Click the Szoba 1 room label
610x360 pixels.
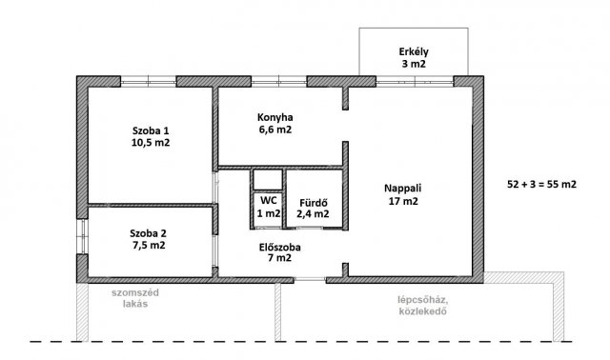(x=151, y=130)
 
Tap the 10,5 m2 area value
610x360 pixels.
(x=151, y=143)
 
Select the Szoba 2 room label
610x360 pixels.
(x=149, y=233)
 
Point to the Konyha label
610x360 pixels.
(x=275, y=117)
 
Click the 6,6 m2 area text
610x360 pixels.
(x=275, y=130)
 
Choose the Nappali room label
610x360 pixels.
(x=402, y=189)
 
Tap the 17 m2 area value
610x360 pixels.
(x=403, y=201)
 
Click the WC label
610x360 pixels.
(x=269, y=201)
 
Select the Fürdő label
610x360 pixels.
(x=314, y=203)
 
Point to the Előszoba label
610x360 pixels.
(x=279, y=247)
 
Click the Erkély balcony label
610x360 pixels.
(x=414, y=51)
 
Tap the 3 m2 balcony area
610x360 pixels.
(x=414, y=64)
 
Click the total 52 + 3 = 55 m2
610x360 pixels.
(x=542, y=184)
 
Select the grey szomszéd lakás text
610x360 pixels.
(x=135, y=298)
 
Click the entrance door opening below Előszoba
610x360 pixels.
(x=310, y=279)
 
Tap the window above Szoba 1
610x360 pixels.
(x=149, y=82)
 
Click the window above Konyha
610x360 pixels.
(x=279, y=82)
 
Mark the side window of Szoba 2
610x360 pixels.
(x=83, y=237)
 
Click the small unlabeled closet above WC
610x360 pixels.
(x=268, y=180)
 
